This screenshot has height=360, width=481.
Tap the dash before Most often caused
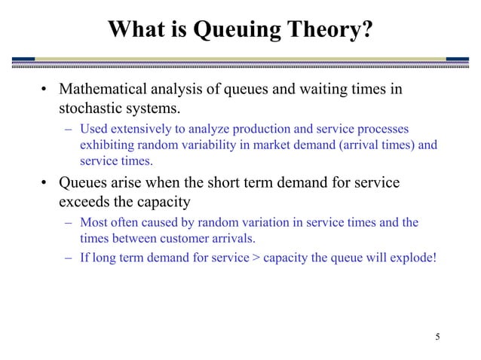[x=69, y=223]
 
